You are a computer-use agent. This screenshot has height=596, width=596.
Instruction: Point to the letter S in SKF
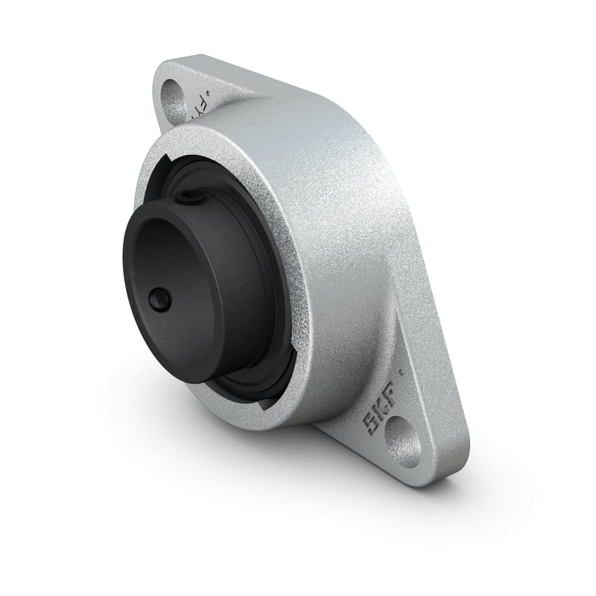pyautogui.click(x=369, y=425)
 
